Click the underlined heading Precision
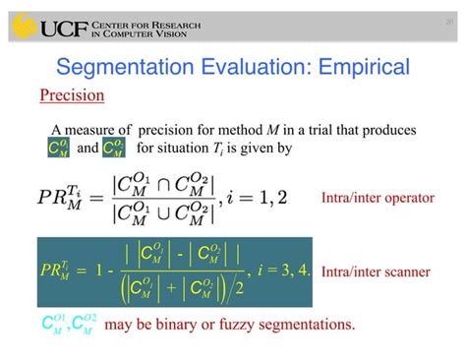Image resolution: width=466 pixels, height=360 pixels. (72, 96)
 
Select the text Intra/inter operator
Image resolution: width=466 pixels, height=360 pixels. (378, 198)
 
